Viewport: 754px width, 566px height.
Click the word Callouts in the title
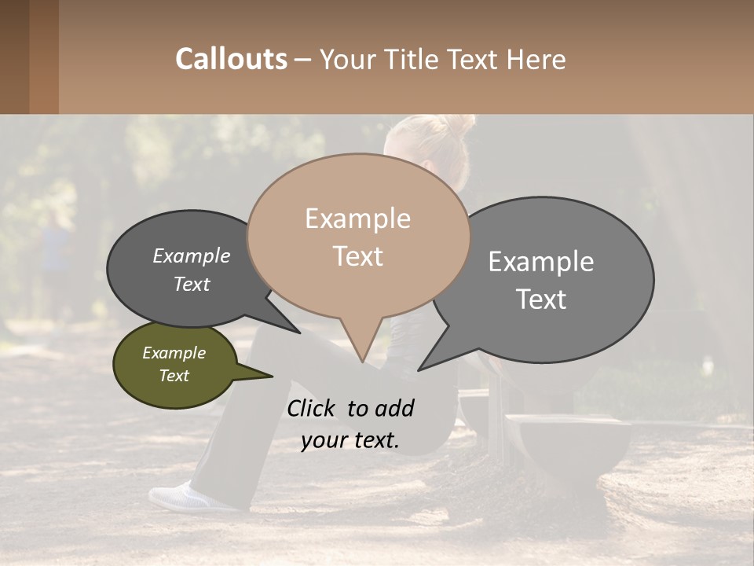click(231, 60)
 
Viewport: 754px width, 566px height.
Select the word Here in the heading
click(536, 60)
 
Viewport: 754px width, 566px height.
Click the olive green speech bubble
click(175, 365)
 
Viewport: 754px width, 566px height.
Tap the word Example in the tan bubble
click(357, 219)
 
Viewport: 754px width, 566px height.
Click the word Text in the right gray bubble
click(541, 300)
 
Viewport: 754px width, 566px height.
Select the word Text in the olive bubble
click(174, 376)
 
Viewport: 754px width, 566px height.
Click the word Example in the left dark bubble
click(192, 256)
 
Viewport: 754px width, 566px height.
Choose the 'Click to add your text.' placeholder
click(350, 424)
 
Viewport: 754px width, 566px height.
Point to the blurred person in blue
click(55, 252)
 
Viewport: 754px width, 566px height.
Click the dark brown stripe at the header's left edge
click(14, 57)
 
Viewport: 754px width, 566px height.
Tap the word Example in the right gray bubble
click(541, 262)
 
